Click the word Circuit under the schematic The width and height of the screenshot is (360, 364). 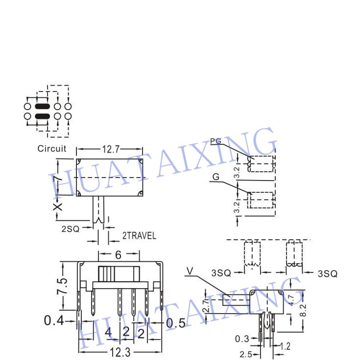pos(52,149)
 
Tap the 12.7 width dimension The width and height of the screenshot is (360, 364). pos(111,149)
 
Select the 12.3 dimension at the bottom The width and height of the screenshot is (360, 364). pos(120,352)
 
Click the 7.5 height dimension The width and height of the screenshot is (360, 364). pos(62,286)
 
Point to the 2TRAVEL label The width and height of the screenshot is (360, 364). pos(139,236)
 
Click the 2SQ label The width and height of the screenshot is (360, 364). pos(71,229)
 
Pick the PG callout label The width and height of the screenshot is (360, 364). pos(216,141)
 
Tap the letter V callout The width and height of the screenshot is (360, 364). pos(190,271)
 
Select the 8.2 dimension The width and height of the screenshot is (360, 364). pos(303,310)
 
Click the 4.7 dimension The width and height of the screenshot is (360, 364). pos(291,300)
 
